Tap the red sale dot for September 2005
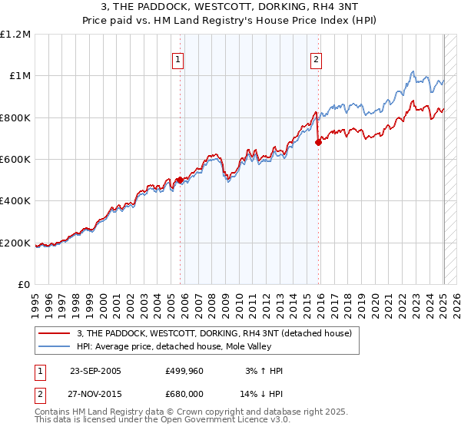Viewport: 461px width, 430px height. (x=181, y=180)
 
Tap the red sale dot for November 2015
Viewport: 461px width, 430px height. (x=318, y=142)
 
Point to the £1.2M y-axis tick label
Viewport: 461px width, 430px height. (x=15, y=34)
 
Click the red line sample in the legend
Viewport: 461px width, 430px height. (x=55, y=333)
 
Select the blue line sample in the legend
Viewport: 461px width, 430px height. (x=55, y=346)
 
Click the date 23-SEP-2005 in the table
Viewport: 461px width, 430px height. (x=95, y=371)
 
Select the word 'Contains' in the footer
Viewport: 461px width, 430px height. (x=53, y=412)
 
